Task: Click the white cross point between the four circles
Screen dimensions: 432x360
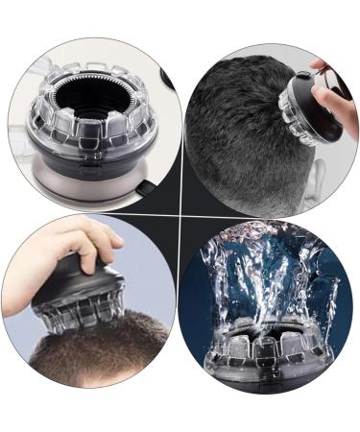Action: (x=180, y=216)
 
